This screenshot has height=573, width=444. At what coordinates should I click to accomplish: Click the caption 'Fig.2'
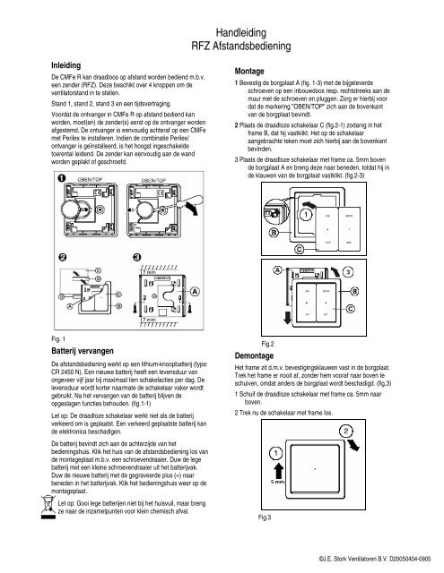coord(266,343)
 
